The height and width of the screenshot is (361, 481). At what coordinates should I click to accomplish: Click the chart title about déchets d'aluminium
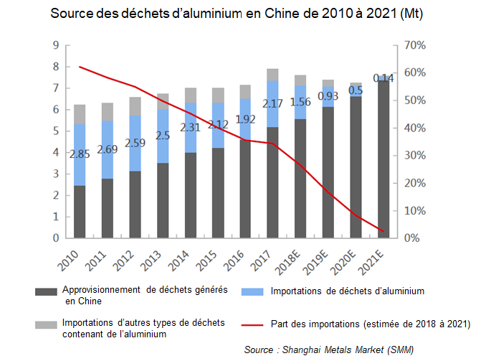click(x=240, y=14)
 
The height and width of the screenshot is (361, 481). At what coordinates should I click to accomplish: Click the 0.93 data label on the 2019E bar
click(x=328, y=95)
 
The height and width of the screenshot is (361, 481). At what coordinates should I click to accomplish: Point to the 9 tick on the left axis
click(x=56, y=45)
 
